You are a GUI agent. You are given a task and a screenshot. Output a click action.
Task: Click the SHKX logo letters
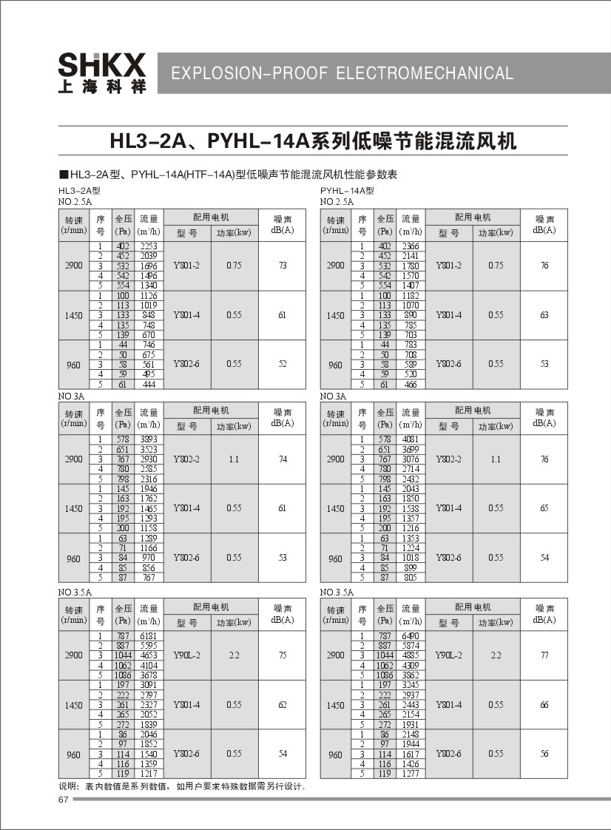[102, 65]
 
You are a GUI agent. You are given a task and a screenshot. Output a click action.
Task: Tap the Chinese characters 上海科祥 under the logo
[102, 87]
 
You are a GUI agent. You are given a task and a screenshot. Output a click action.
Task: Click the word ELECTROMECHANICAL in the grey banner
[425, 73]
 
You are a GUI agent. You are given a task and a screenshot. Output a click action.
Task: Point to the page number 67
[63, 800]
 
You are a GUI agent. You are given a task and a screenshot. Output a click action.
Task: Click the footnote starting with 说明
[182, 786]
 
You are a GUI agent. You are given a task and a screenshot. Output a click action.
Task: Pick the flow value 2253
[149, 246]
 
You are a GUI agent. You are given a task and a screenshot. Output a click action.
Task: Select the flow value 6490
[411, 635]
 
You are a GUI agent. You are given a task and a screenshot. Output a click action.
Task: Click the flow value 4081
[411, 439]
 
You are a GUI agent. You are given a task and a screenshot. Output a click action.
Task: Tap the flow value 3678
[149, 675]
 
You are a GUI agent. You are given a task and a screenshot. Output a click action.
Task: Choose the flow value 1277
[411, 774]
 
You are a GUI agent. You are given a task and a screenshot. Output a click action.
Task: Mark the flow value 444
[149, 385]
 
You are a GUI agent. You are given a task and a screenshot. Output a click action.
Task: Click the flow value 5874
[411, 646]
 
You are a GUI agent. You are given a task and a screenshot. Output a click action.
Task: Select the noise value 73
[283, 266]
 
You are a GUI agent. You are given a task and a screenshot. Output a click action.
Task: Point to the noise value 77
[544, 655]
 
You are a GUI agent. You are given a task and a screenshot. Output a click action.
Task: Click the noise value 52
[283, 365]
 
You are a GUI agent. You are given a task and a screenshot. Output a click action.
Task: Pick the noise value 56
[544, 754]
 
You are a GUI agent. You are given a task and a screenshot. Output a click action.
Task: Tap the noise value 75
[283, 655]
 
